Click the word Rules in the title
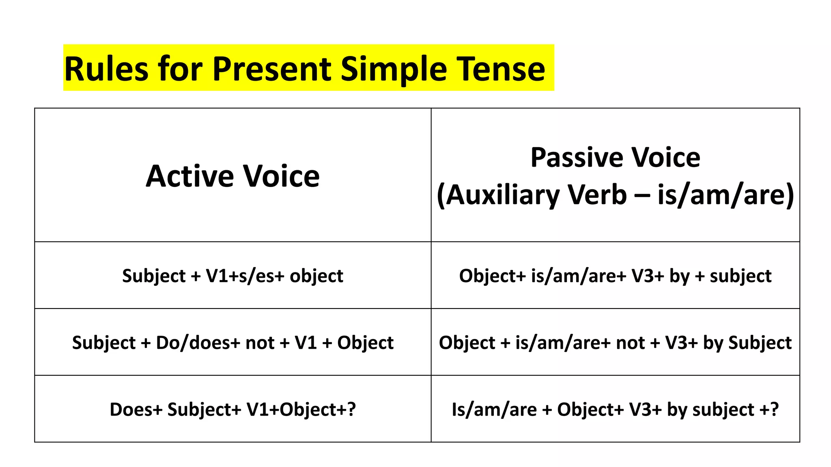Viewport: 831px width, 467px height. [106, 69]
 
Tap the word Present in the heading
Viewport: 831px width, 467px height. [272, 69]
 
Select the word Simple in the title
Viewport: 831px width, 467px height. [394, 69]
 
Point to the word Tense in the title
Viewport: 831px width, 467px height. [501, 69]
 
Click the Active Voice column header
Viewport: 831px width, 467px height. [233, 176]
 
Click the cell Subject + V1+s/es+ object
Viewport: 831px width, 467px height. [233, 276]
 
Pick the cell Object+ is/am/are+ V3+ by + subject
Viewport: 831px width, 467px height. [615, 276]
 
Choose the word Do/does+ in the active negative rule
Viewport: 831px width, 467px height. [198, 343]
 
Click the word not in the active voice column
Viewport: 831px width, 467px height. [260, 343]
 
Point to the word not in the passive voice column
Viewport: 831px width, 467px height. [630, 343]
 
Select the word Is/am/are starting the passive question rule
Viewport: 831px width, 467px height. [494, 409]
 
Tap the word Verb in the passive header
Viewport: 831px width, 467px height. [597, 195]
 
